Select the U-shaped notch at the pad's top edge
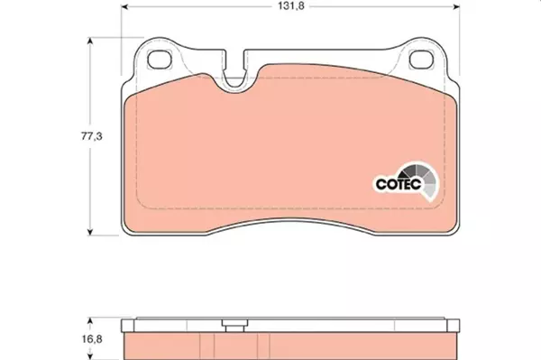coord(237,76)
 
